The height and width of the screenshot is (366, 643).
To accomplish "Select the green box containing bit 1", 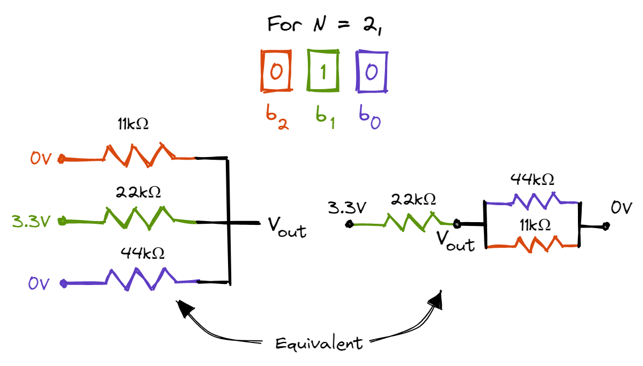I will click(x=323, y=72).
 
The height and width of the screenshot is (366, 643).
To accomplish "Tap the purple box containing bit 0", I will click(x=372, y=72).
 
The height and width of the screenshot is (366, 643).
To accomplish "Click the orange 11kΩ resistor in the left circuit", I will click(x=140, y=156).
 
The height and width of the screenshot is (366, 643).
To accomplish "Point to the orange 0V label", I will click(x=41, y=159).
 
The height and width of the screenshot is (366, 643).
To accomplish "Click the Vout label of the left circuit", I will click(x=287, y=229).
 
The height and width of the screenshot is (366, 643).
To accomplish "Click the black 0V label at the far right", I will click(x=621, y=208).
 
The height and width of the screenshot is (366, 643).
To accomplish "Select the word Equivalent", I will click(x=319, y=343).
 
